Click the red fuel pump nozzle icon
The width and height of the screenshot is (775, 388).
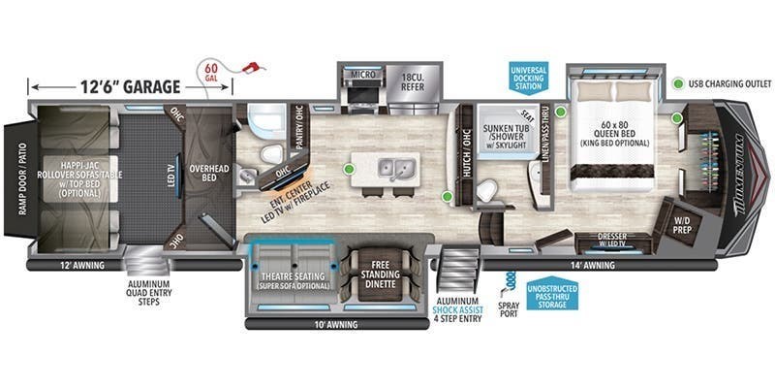254,71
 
